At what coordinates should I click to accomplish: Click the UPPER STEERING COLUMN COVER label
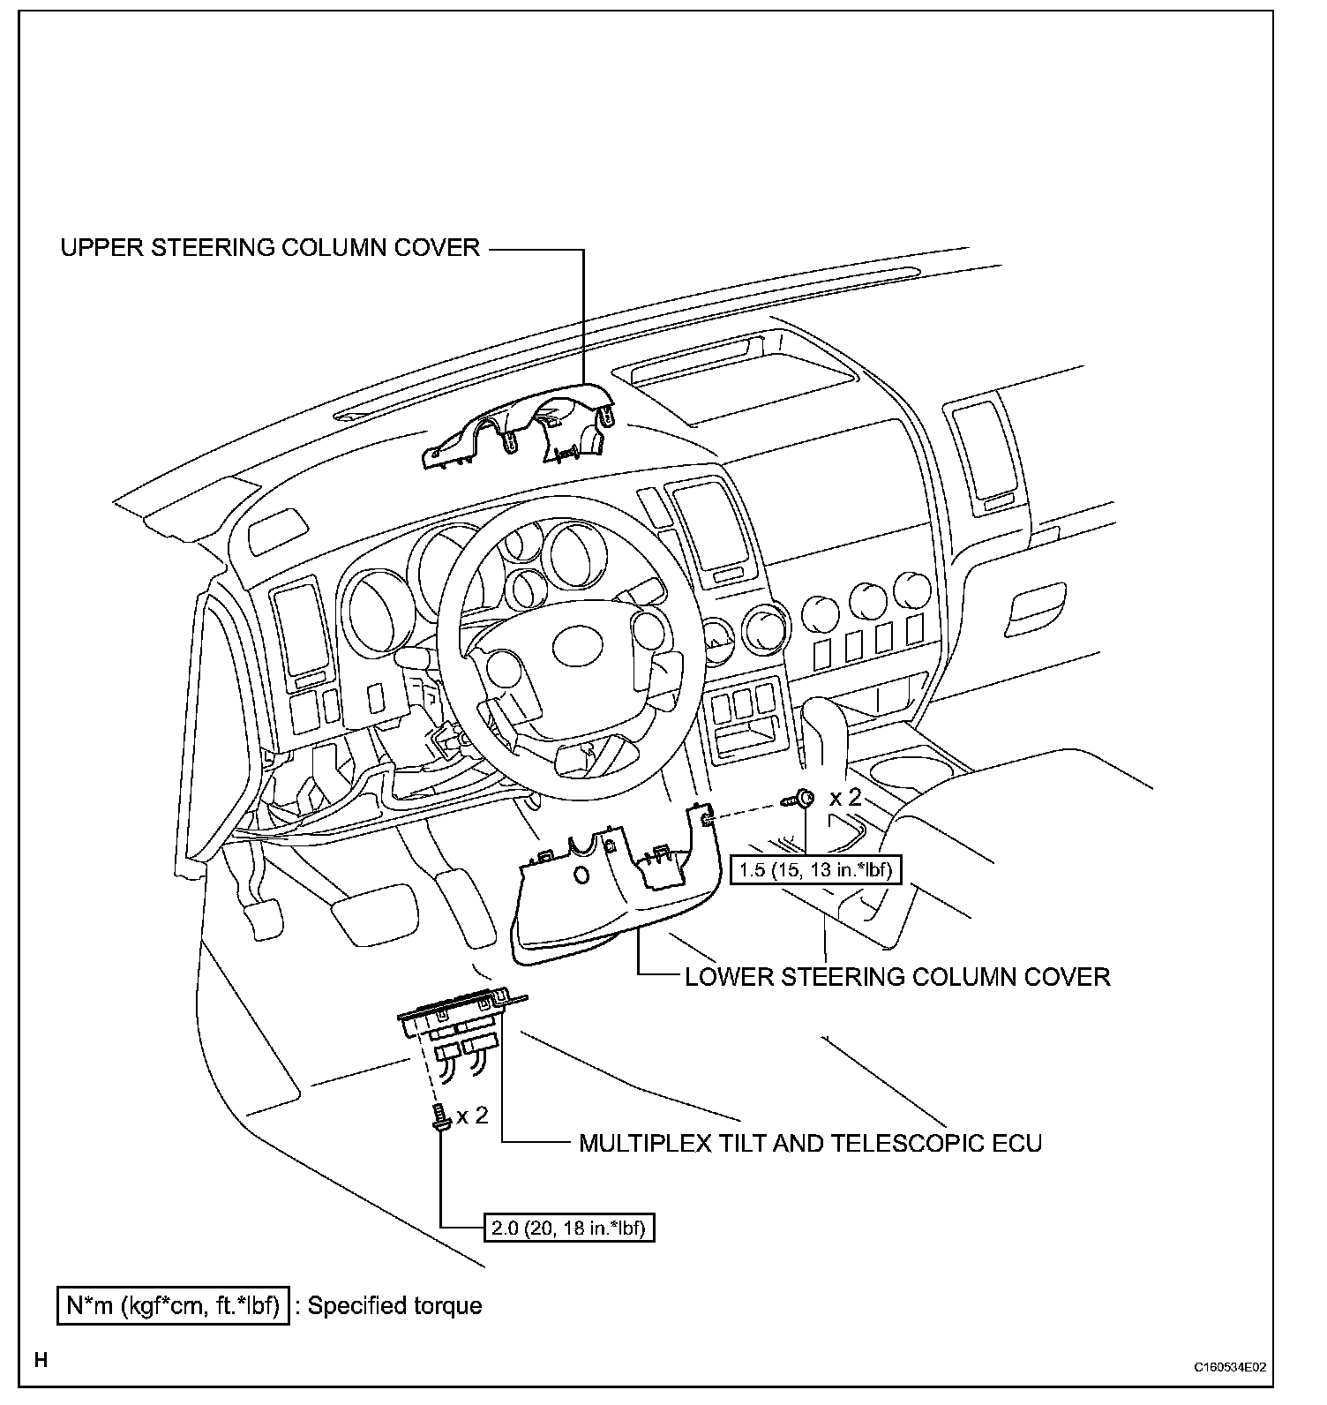pos(270,247)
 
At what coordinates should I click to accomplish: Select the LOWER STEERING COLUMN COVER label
pos(897,977)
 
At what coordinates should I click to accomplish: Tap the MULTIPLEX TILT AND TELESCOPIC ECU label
pos(810,1144)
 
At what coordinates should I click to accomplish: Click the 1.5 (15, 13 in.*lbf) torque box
pos(815,870)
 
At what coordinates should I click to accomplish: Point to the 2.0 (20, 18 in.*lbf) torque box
pos(570,1228)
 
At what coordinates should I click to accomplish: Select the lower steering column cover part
pos(609,891)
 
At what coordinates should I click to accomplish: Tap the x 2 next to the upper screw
pos(844,798)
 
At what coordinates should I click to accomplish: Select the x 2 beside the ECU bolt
pos(472,1116)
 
